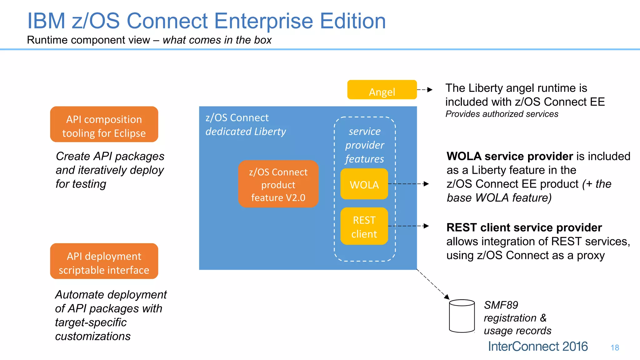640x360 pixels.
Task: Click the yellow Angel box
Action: [x=382, y=90]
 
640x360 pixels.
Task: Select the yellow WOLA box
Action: [x=364, y=184]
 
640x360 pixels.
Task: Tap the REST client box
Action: [x=364, y=226]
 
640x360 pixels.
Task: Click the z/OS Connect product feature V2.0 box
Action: [x=278, y=184]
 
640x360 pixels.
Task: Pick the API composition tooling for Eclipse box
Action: [x=104, y=124]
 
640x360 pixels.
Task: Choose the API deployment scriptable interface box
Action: [x=104, y=261]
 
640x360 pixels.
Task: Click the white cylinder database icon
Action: [x=462, y=316]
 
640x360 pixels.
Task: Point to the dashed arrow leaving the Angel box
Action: [x=425, y=90]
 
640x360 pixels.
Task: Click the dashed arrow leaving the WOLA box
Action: [x=408, y=184]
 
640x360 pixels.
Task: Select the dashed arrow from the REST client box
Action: [x=408, y=226]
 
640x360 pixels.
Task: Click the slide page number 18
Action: [x=615, y=348]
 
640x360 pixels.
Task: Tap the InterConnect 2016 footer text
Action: [x=537, y=347]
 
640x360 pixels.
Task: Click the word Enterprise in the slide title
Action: [x=263, y=21]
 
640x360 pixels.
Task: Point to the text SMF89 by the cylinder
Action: [x=501, y=305]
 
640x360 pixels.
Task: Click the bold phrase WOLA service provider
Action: [x=509, y=156]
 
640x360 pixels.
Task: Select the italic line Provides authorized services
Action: [x=502, y=114]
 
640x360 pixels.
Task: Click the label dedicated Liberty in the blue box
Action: [x=246, y=132]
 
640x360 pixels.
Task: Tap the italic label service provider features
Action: [x=365, y=145]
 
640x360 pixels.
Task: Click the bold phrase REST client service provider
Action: [x=524, y=227]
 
